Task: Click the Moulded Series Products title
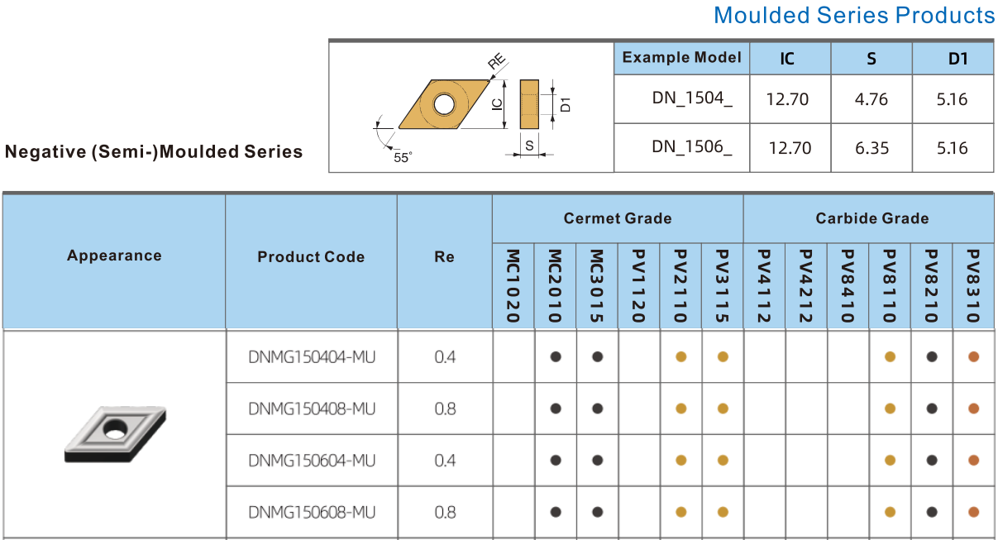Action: (x=854, y=15)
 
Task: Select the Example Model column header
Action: (x=681, y=58)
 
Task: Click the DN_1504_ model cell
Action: (x=692, y=98)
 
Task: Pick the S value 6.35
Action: (x=871, y=148)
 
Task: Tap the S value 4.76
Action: (x=871, y=99)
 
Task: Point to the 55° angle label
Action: (x=403, y=157)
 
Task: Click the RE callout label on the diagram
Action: (x=497, y=61)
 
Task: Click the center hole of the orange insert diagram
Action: (x=444, y=104)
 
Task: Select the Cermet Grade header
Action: (x=618, y=218)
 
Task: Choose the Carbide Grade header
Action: (x=872, y=218)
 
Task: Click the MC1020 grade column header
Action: (x=513, y=286)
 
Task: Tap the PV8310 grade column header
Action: (x=973, y=286)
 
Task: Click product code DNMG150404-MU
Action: (x=312, y=357)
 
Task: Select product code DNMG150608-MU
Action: (x=312, y=513)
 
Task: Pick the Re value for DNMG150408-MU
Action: (x=445, y=409)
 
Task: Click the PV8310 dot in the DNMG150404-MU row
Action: (x=973, y=356)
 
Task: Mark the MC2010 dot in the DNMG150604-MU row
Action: (x=556, y=461)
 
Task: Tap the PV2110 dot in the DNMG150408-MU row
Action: (x=680, y=409)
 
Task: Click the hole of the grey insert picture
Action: (x=115, y=428)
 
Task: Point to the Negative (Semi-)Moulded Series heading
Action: (x=154, y=151)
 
